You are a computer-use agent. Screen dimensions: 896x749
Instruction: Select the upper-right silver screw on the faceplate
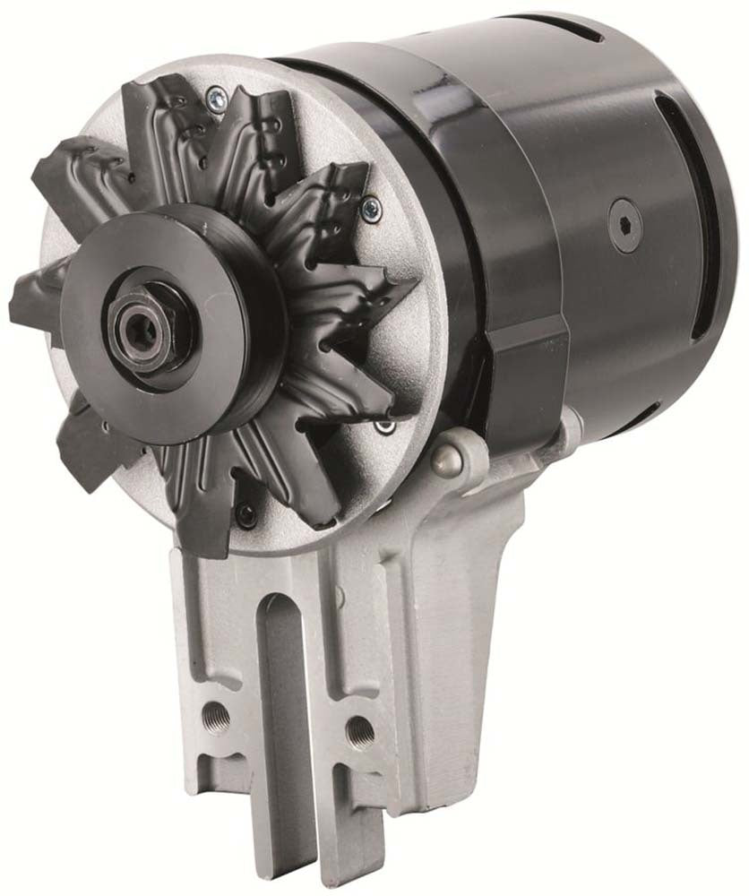point(368,210)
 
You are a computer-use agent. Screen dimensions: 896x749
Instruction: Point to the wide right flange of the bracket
point(466,645)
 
